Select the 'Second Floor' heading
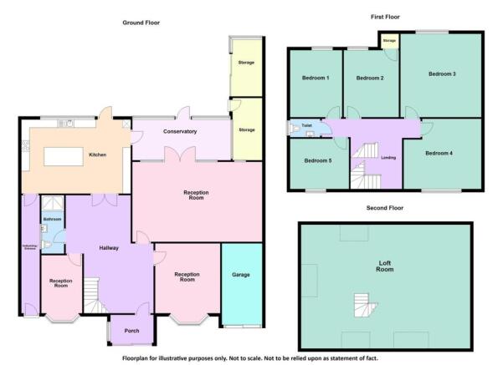click(385, 208)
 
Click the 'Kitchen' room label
click(98, 154)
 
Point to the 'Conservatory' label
click(181, 131)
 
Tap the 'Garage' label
click(241, 275)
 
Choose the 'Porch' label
click(130, 331)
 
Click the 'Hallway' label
click(109, 248)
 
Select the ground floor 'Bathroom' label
click(52, 219)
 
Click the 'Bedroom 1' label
click(315, 78)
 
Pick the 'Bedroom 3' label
click(441, 74)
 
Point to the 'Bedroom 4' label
click(439, 154)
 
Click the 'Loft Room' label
click(385, 266)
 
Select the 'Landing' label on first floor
click(388, 157)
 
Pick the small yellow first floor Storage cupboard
click(389, 41)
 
